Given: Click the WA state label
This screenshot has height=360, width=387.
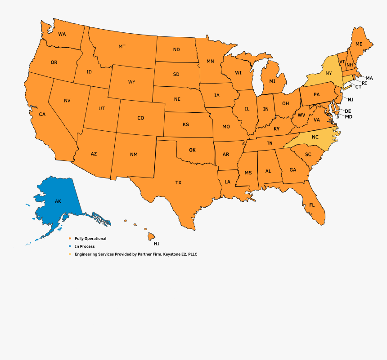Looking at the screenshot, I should coord(62,34).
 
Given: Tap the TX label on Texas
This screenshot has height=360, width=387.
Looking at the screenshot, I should coord(178,182).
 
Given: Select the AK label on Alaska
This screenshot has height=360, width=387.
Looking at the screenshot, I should coord(58,201).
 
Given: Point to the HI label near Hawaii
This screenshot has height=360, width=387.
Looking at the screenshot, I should coord(157,244).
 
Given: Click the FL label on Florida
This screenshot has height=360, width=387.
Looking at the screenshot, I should coord(312,205).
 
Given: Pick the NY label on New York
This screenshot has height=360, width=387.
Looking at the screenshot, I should coord(328,73).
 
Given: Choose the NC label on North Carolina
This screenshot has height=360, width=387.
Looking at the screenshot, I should coord(315,137).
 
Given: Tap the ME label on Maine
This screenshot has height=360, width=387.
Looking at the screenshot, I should coord(359,44).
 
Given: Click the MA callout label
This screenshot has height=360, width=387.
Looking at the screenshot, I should coord(369,78).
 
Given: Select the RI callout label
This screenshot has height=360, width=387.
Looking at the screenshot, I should coord(364,83).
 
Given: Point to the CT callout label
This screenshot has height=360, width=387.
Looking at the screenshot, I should coord(358,87).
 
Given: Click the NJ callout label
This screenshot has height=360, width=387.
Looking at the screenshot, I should coord(351,99).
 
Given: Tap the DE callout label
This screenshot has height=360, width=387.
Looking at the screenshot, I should coord(348,111).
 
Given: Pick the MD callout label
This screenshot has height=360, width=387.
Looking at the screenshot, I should coord(348,117).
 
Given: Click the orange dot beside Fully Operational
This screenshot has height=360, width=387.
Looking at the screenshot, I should coord(69,239).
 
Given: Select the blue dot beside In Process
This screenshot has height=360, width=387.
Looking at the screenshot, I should coord(69,246).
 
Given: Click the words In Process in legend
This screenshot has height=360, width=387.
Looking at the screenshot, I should coord(85,246).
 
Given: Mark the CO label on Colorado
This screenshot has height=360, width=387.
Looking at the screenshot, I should coord(140,118).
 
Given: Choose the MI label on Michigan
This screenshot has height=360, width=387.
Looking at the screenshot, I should coord(272,81).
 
